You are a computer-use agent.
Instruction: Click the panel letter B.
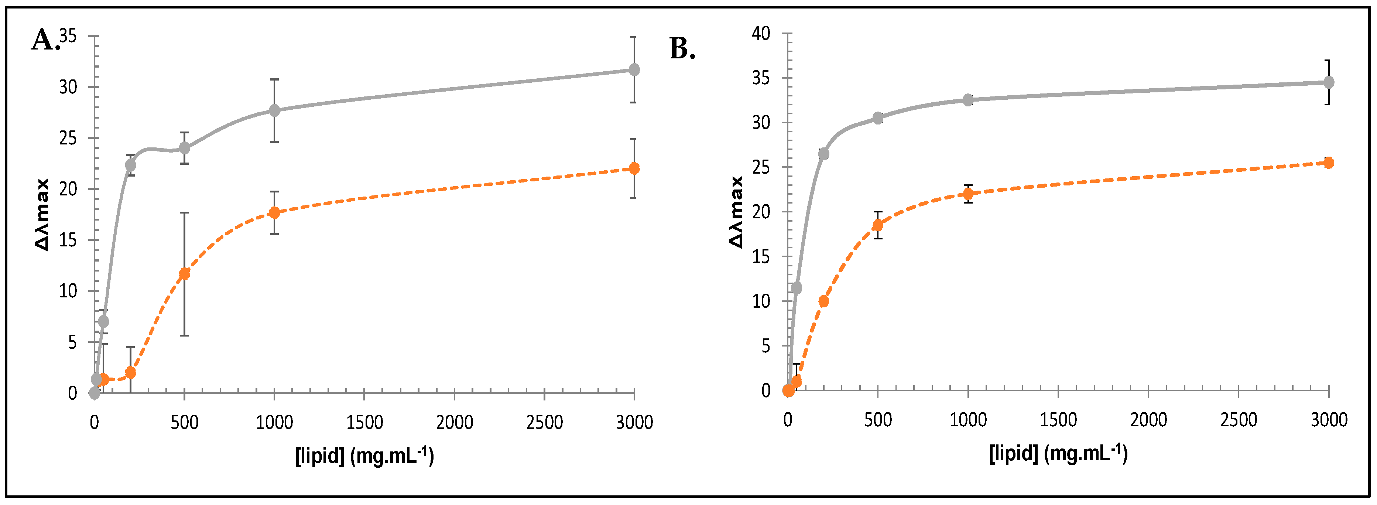point(682,49)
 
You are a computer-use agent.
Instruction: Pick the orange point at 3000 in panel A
point(634,168)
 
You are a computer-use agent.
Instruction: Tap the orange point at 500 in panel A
point(184,274)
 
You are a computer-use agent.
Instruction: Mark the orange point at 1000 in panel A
point(274,212)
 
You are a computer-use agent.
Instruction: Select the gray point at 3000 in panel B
point(1328,82)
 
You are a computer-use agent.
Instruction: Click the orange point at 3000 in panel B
point(1328,163)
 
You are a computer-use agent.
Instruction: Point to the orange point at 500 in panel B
point(878,225)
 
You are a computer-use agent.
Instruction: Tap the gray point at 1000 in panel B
point(968,100)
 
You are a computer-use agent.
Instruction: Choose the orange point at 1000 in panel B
point(968,194)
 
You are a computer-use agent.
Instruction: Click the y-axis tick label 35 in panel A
point(68,36)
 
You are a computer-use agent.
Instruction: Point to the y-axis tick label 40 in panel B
point(761,34)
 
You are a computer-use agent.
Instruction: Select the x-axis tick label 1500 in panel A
point(364,423)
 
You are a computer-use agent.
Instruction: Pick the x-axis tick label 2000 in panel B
point(1148,420)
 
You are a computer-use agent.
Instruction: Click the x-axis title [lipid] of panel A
point(364,456)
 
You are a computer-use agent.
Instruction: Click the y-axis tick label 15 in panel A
point(68,240)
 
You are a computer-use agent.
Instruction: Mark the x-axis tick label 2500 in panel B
point(1239,420)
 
